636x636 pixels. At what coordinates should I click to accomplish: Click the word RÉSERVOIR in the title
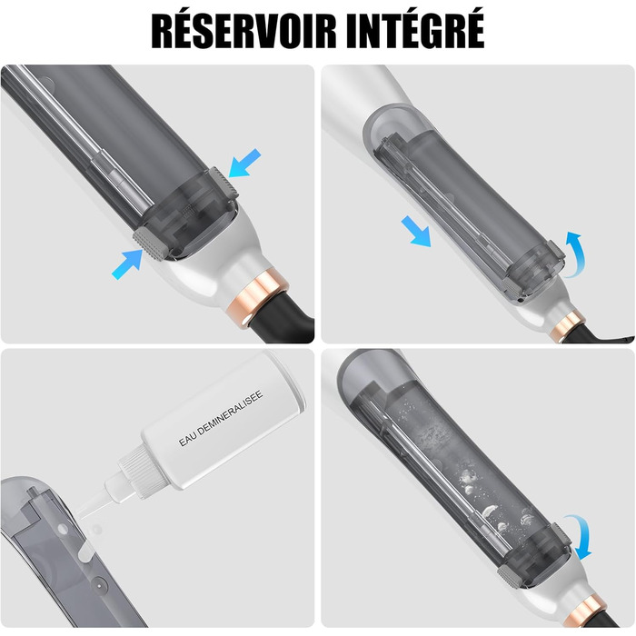click(244, 31)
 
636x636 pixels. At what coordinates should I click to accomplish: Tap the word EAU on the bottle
click(187, 439)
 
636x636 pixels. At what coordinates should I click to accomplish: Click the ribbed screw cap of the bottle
click(138, 470)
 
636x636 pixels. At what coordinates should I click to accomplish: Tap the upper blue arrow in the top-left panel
click(244, 163)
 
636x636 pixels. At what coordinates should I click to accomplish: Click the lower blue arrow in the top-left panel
click(126, 264)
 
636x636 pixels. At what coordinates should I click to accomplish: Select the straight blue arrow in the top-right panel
click(416, 231)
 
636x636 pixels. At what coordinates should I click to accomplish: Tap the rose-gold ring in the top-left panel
click(258, 293)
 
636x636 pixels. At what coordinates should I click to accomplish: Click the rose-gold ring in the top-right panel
click(568, 326)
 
